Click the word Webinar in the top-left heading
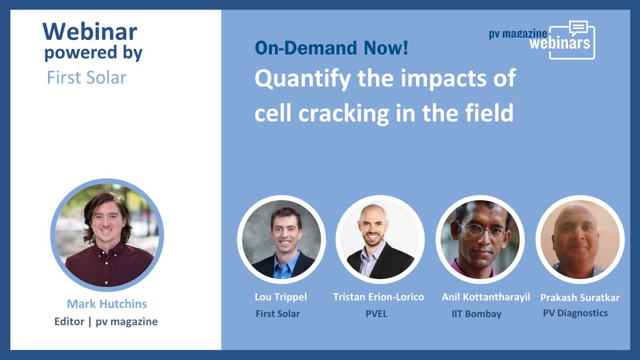pyautogui.click(x=90, y=31)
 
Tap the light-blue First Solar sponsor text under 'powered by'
pyautogui.click(x=86, y=77)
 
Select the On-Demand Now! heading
pyautogui.click(x=331, y=47)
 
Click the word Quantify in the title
pyautogui.click(x=302, y=79)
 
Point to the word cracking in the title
pyautogui.click(x=343, y=114)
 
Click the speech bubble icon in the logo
pyautogui.click(x=578, y=28)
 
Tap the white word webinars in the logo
pyautogui.click(x=559, y=43)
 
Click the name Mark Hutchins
pyautogui.click(x=107, y=303)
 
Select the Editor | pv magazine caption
pyautogui.click(x=106, y=322)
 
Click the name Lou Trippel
pyautogui.click(x=281, y=297)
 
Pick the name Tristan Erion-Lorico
pyautogui.click(x=379, y=297)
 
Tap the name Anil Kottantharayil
pyautogui.click(x=486, y=297)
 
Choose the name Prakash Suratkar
pyautogui.click(x=580, y=298)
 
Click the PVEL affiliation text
pyautogui.click(x=377, y=314)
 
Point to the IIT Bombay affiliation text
pyautogui.click(x=477, y=314)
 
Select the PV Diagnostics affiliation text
pyautogui.click(x=575, y=313)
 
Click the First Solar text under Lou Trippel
pyautogui.click(x=278, y=314)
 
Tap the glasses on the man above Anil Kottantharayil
pyautogui.click(x=483, y=230)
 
